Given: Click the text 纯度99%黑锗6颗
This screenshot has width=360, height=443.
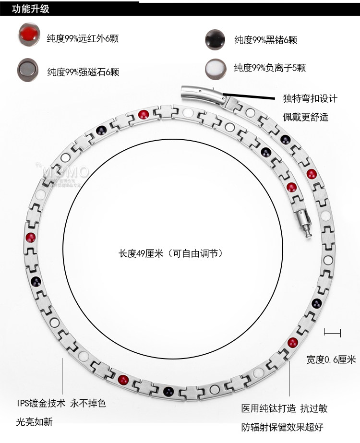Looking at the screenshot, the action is [x=265, y=39].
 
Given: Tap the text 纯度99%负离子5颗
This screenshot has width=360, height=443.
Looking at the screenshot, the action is [x=270, y=68].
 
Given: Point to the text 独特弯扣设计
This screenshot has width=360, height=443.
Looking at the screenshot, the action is [x=310, y=99].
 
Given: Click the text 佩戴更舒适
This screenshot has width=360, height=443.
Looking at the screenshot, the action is [x=305, y=117].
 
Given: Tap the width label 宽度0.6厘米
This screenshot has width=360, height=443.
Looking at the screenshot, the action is [x=331, y=359].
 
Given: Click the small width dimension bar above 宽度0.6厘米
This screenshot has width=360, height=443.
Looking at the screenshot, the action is [x=332, y=332].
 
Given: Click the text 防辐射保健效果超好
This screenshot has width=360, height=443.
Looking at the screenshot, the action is [x=284, y=427].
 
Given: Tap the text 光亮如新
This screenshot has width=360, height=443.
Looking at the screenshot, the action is [x=34, y=422].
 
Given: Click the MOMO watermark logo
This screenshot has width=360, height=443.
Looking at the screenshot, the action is [x=65, y=172].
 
